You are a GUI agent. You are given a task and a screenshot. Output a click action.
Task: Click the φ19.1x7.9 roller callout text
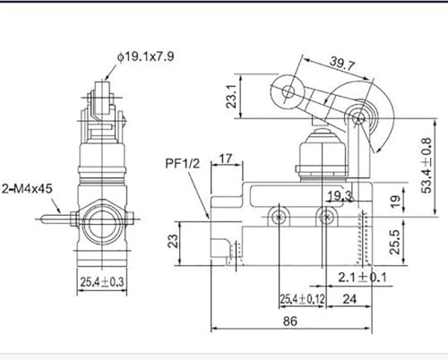pos(145,56)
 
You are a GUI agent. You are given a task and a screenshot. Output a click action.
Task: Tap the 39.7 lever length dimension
pos(342,64)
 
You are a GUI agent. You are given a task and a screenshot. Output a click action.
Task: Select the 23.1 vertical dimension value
pos(231,96)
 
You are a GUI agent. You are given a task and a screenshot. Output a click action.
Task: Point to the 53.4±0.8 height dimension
pos(426,165)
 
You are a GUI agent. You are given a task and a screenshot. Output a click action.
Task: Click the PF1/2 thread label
pos(183,164)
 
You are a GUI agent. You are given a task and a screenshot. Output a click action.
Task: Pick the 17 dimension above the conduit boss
pos(226,159)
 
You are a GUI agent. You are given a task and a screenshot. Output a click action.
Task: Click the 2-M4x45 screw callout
pos(27,189)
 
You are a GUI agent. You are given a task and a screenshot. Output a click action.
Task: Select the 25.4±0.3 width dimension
pos(102,282)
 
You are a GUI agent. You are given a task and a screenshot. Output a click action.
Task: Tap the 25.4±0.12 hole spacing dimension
pos(302,299)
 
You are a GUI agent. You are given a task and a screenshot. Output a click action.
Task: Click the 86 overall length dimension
pos(290,321)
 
